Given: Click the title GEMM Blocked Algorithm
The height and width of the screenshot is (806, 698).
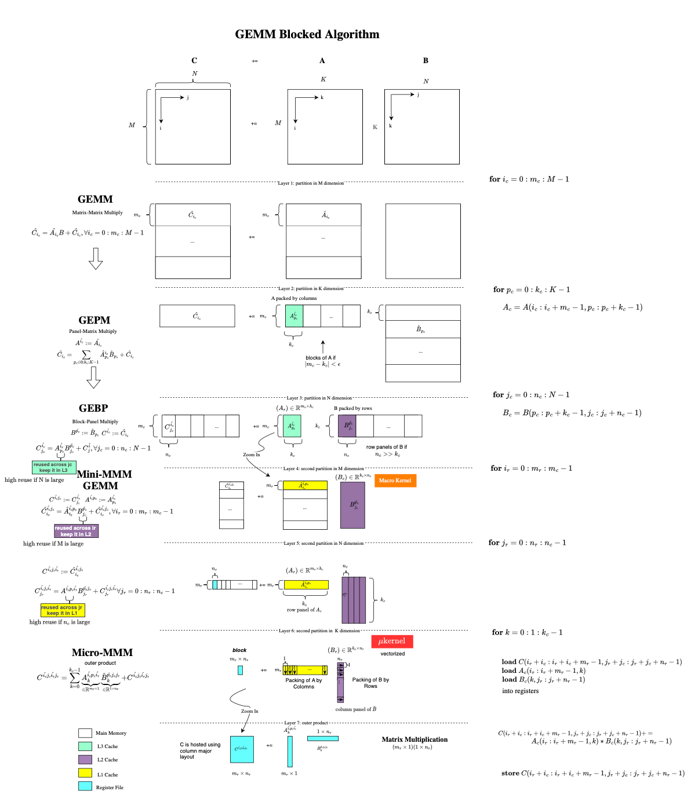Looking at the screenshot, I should [x=307, y=34].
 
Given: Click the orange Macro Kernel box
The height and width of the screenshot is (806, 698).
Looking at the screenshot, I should [x=395, y=481].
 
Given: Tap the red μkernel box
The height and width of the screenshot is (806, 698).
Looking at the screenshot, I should [x=392, y=642].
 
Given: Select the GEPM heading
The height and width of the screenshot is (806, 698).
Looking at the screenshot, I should [x=94, y=320].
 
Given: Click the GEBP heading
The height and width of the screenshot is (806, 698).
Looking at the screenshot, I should [x=94, y=408].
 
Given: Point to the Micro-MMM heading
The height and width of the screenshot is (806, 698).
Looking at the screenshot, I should [x=102, y=653].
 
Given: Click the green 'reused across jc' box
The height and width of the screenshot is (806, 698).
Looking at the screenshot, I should [x=53, y=467].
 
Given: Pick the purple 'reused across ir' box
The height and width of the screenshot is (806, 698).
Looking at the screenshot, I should [x=75, y=531].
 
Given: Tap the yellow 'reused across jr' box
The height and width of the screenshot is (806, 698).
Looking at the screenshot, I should [x=62, y=610].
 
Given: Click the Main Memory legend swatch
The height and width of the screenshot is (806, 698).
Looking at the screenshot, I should [x=85, y=732].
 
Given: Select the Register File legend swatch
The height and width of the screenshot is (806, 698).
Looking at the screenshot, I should [x=85, y=786].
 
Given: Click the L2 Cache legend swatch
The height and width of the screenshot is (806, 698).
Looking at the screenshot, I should [x=85, y=759].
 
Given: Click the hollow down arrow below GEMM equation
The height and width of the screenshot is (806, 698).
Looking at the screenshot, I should [x=96, y=259].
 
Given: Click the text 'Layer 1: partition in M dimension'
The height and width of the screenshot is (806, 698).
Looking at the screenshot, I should [x=311, y=183].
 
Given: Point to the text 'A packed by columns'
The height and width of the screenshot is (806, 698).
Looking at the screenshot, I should [x=294, y=298].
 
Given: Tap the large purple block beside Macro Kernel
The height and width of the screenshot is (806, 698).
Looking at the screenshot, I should [x=352, y=505].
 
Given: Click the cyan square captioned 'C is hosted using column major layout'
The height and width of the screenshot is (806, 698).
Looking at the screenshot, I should [x=242, y=749].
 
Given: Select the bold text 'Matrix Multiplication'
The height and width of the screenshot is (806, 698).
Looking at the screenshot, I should [x=415, y=739].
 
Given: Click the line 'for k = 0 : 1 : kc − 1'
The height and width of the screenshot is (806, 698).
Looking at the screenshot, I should [x=527, y=632].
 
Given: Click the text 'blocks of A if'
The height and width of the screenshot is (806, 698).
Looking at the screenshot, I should [x=321, y=358].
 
